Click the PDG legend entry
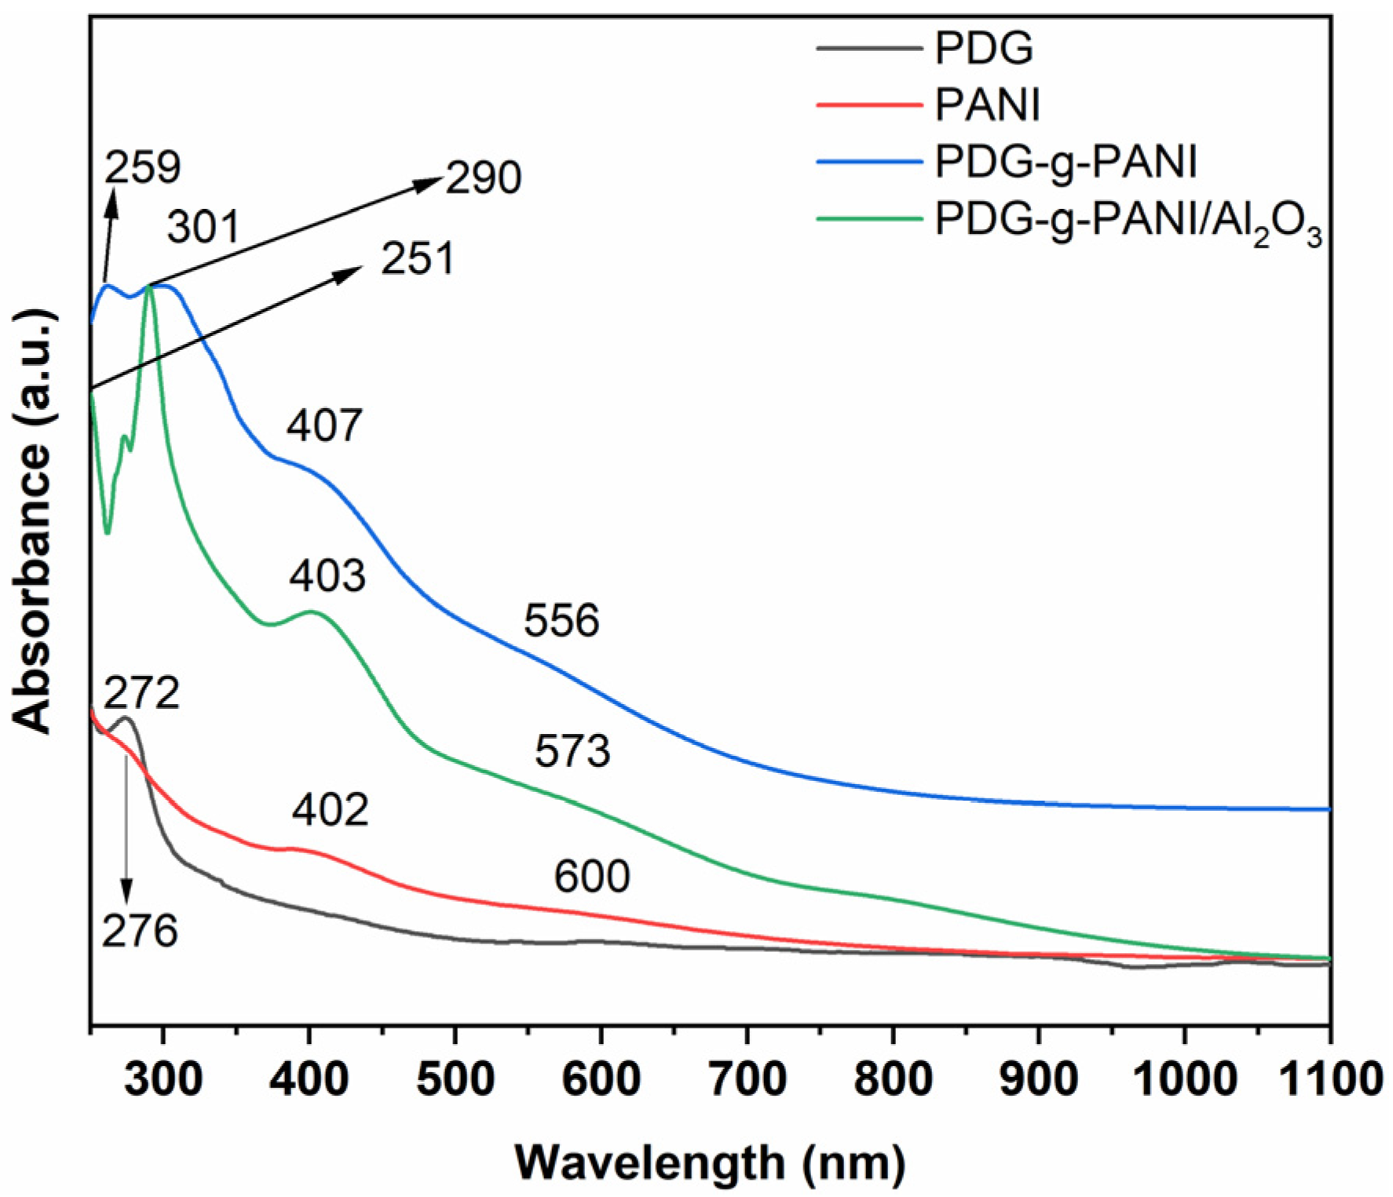983,49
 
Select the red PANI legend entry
987,105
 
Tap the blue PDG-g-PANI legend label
1066,162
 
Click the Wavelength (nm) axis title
710,1162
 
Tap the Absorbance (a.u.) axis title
34,522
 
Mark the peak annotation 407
324,425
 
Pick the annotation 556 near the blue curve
561,620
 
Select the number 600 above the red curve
591,876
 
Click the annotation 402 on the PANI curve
330,810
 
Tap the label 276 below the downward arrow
140,931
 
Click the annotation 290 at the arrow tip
483,177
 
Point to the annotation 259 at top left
142,166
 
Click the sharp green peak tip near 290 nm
148,286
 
